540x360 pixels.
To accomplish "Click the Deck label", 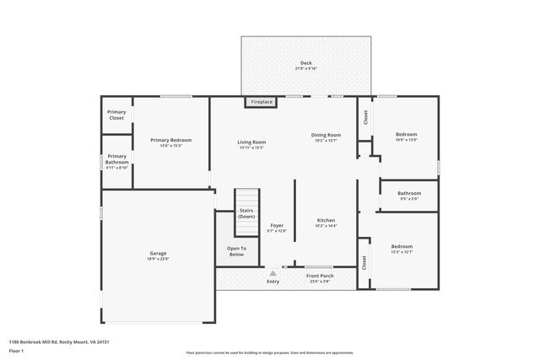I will pyautogui.click(x=305, y=63).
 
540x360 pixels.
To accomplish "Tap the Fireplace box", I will pyautogui.click(x=262, y=102).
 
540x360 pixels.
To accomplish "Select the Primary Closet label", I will pyautogui.click(x=116, y=116).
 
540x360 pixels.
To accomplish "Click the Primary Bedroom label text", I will pyautogui.click(x=170, y=140).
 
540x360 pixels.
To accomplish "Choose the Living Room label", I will pyautogui.click(x=251, y=142).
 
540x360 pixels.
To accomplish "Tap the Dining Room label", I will pyautogui.click(x=326, y=135).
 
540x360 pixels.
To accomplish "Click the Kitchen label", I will pyautogui.click(x=326, y=220).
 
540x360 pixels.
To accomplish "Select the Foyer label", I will pyautogui.click(x=276, y=225).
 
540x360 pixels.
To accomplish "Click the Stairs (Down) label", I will pyautogui.click(x=246, y=213).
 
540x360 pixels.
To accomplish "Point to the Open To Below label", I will pyautogui.click(x=237, y=251).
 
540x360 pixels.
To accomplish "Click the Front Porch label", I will pyautogui.click(x=320, y=275).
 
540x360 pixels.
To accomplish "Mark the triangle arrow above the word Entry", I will pyautogui.click(x=273, y=273).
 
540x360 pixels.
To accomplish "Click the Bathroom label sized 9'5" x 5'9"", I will pyautogui.click(x=409, y=193).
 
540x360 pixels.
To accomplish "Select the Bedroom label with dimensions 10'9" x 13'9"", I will pyautogui.click(x=407, y=134).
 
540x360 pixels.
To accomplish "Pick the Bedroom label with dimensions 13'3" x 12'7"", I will pyautogui.click(x=402, y=246).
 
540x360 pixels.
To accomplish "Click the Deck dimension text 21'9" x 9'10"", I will pyautogui.click(x=305, y=69).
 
